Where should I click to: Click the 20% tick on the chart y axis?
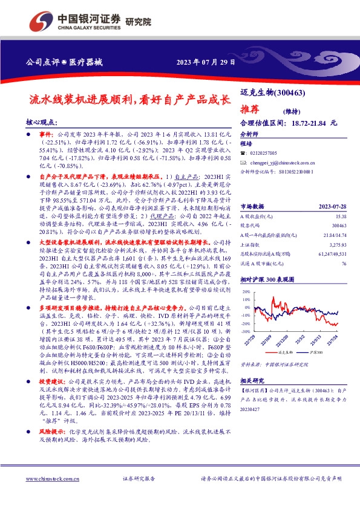click(246, 291)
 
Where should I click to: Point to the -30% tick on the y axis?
click(245, 331)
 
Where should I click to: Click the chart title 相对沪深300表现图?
click(267, 280)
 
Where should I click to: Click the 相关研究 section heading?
click(254, 398)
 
